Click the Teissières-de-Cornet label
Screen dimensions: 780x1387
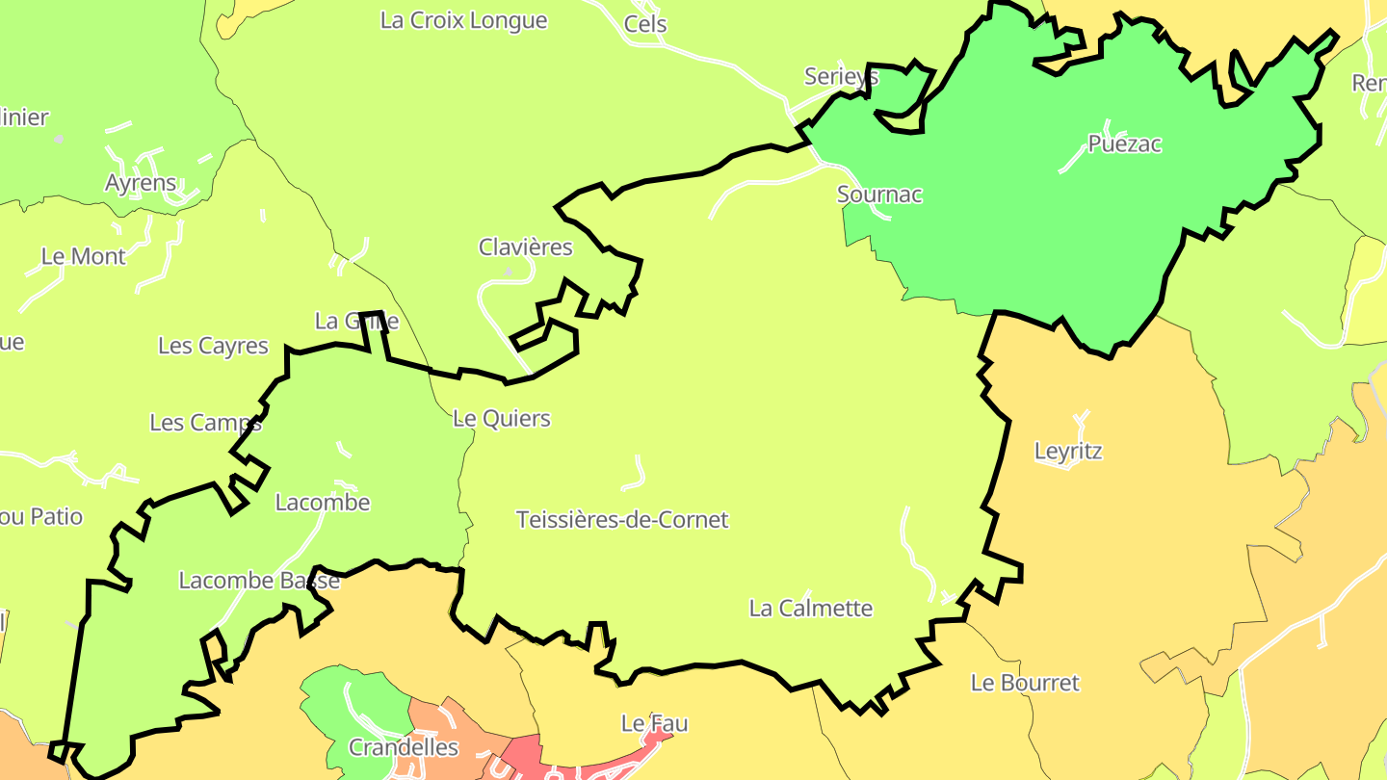pyautogui.click(x=622, y=520)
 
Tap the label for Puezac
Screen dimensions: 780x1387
pyautogui.click(x=1124, y=144)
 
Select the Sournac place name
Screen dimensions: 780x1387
pyautogui.click(x=879, y=195)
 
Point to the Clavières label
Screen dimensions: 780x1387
pyautogui.click(x=526, y=247)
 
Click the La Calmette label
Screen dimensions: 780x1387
pyautogui.click(x=811, y=609)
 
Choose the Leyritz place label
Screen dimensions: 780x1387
pyautogui.click(x=1068, y=451)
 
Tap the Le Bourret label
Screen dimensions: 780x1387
pyautogui.click(x=1025, y=683)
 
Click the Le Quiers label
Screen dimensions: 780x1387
pyautogui.click(x=502, y=419)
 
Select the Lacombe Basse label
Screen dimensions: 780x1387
pyautogui.click(x=259, y=581)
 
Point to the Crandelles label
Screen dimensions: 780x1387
pyautogui.click(x=404, y=747)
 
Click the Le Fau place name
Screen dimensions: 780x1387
pyautogui.click(x=654, y=722)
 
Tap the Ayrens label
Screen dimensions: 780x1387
pyautogui.click(x=141, y=183)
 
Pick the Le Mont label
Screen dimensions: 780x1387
pyautogui.click(x=84, y=256)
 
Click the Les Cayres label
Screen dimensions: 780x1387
pyautogui.click(x=213, y=346)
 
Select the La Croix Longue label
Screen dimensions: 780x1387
pyautogui.click(x=464, y=20)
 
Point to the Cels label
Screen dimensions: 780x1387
pyautogui.click(x=645, y=24)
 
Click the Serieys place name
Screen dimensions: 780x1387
pyautogui.click(x=841, y=77)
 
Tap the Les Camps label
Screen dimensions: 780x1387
pyautogui.click(x=205, y=423)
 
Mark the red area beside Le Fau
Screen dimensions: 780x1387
pyautogui.click(x=539, y=756)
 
